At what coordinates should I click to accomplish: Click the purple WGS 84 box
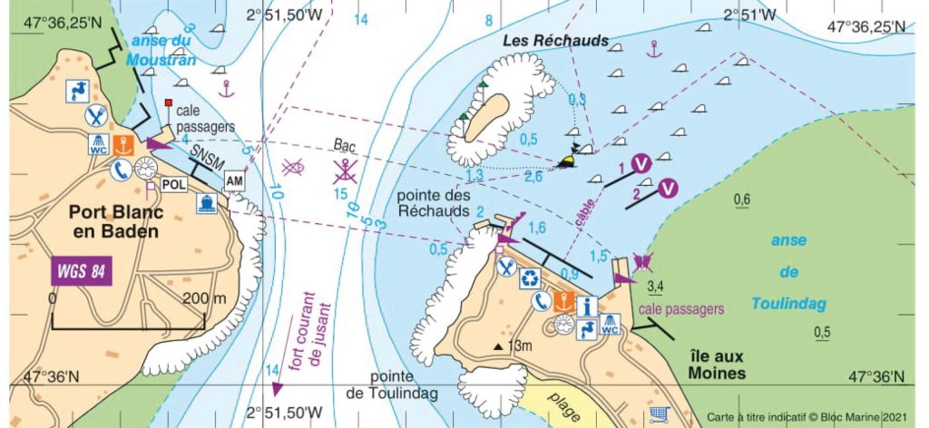(x=76, y=270)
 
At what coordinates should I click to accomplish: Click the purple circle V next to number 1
(x=641, y=163)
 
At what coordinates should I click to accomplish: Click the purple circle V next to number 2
(x=669, y=189)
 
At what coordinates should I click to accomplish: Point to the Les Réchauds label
(x=555, y=42)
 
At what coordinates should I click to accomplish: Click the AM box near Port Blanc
(x=235, y=181)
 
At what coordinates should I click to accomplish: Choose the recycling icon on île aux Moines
(x=530, y=277)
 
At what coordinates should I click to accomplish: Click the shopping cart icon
(x=660, y=413)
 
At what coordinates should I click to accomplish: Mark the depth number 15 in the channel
(x=341, y=194)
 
